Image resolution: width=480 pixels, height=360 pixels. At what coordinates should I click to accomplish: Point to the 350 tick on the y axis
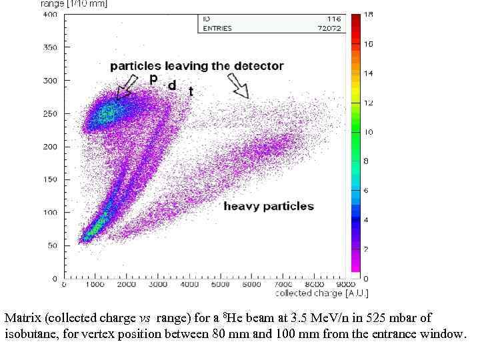click(x=51, y=47)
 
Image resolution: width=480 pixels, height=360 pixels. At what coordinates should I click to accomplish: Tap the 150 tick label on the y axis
click(x=51, y=179)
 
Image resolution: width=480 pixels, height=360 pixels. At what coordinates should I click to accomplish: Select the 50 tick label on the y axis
click(x=53, y=245)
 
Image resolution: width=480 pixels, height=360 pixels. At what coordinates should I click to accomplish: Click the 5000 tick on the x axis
click(x=221, y=285)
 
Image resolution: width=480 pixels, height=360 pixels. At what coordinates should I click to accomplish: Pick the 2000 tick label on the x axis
click(x=127, y=285)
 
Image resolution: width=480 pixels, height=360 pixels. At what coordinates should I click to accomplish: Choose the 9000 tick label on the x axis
click(x=345, y=285)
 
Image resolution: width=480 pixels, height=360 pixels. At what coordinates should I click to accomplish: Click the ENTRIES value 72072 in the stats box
click(x=328, y=29)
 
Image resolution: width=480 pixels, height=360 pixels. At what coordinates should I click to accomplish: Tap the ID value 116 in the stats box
click(x=333, y=19)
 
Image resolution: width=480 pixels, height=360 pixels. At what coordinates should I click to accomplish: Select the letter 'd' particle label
click(x=172, y=85)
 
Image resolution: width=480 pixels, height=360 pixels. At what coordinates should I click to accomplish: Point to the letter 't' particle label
click(x=191, y=91)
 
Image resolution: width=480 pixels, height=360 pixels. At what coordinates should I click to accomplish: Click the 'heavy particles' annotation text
click(x=268, y=206)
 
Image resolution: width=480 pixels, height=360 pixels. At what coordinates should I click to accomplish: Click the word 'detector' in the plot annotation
click(x=259, y=66)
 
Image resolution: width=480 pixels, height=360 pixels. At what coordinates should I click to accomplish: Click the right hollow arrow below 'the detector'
click(x=238, y=85)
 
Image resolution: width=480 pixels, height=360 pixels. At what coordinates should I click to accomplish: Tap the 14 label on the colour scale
click(x=367, y=73)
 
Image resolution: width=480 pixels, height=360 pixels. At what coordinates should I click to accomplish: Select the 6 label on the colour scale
click(x=366, y=191)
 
